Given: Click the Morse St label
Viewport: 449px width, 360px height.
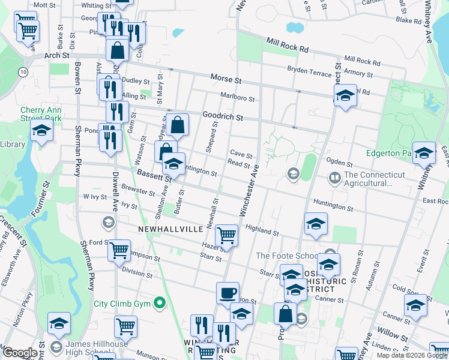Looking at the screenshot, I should pos(226,79).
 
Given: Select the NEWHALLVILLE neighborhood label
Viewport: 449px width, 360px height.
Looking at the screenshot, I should pos(167,229).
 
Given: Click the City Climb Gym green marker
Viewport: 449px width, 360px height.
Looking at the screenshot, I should pos(159,304).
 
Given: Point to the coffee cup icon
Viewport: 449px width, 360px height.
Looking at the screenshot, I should pos(228,293).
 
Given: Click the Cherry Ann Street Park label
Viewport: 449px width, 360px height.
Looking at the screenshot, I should pos(41,114).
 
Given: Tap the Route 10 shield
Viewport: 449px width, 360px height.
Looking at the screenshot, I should pos(23,72).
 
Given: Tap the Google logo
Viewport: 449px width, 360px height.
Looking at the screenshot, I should pos(20,353).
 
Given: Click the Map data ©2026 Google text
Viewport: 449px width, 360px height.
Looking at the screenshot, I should pos(412,355).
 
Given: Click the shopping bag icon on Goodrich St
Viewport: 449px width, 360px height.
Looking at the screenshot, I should pos(178,125).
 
